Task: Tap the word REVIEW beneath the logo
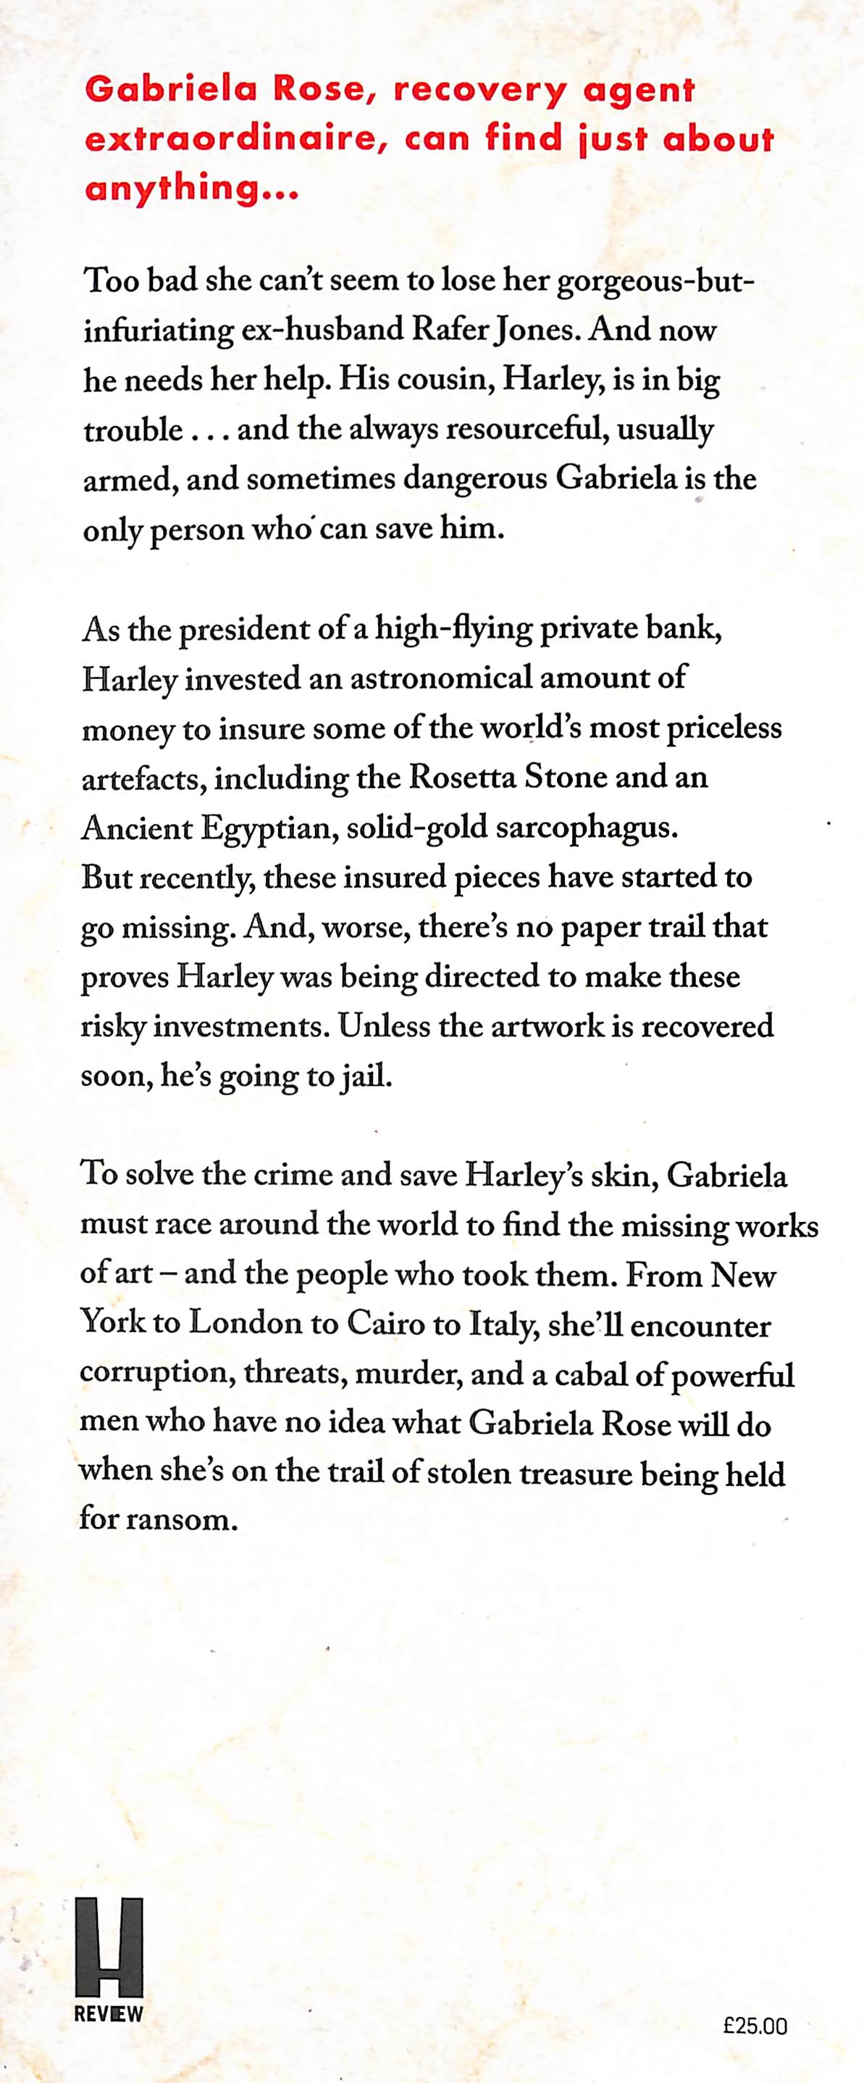click(109, 2014)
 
